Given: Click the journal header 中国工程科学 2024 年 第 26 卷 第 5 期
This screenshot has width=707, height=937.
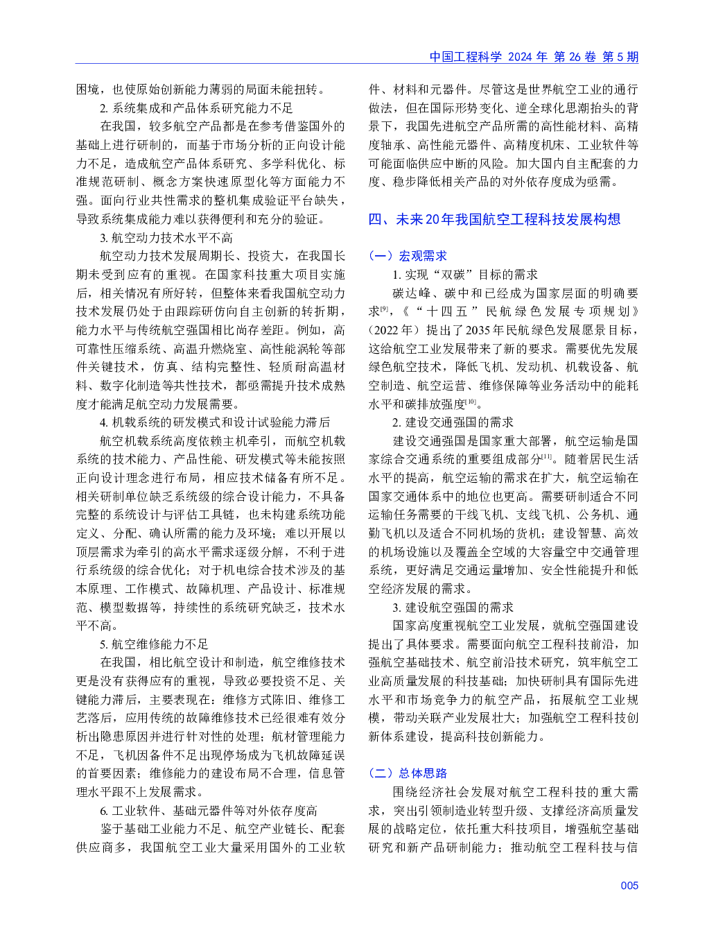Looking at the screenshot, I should (534, 57).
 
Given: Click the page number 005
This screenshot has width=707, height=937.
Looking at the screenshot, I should (629, 885).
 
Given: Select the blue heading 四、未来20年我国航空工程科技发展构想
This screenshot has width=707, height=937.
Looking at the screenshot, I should (494, 219).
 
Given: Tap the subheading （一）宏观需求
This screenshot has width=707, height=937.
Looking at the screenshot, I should (408, 256).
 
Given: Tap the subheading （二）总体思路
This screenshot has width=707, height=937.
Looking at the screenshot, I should (408, 773).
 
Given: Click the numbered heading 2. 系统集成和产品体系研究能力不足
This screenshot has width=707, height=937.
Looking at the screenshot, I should (196, 108).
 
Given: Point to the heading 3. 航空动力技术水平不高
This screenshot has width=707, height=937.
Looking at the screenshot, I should (166, 238).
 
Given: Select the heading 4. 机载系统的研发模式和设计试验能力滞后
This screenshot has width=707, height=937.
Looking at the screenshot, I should (215, 422).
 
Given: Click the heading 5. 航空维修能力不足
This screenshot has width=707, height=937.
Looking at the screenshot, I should (154, 644).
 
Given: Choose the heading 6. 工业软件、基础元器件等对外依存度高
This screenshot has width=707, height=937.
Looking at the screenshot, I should (209, 811).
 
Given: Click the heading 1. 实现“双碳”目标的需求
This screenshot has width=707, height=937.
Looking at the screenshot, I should (464, 275).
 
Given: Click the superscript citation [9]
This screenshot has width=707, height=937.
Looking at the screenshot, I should (385, 309).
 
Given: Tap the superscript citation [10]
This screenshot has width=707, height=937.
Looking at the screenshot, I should (471, 402).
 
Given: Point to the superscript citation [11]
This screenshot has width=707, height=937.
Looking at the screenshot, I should (547, 456).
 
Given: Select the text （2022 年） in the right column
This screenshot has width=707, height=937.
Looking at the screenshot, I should (393, 330).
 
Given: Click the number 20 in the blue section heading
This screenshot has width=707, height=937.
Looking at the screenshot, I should (433, 219).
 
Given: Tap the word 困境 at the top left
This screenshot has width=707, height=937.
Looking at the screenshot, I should (87, 89).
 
